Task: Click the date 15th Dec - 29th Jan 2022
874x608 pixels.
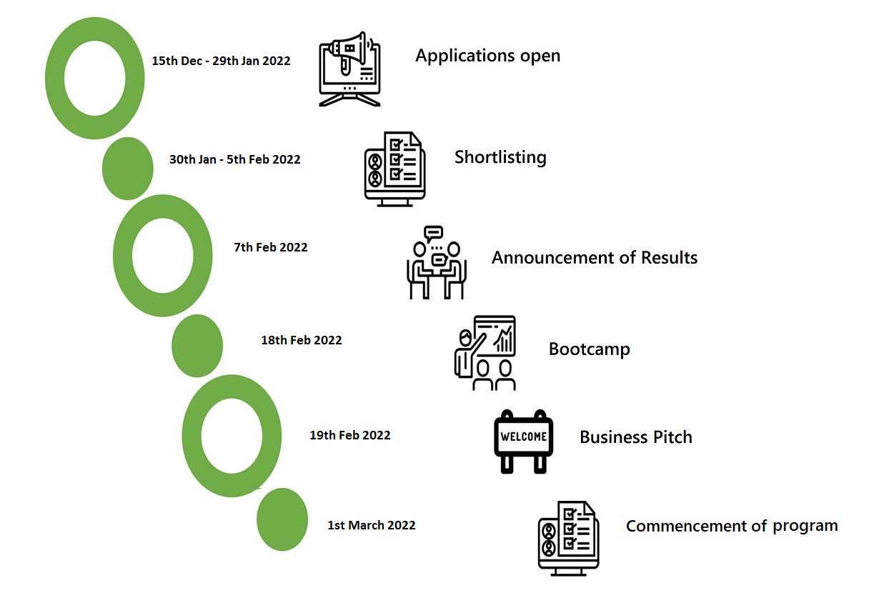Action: (x=221, y=61)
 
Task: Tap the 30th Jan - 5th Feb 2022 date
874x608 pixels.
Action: (x=235, y=159)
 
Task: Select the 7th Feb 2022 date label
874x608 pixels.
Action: (x=270, y=247)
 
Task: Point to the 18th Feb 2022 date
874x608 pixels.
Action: (x=301, y=340)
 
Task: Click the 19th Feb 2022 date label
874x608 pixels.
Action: (x=350, y=435)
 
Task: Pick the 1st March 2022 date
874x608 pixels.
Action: (x=372, y=525)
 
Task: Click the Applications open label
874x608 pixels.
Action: (x=487, y=56)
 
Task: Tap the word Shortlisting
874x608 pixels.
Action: (x=500, y=158)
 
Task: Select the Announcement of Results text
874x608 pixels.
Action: (x=595, y=257)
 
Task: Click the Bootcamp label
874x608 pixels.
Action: (x=589, y=349)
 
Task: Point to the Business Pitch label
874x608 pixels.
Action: (x=636, y=437)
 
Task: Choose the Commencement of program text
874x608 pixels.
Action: (x=732, y=526)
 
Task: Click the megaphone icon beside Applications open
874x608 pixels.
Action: (x=349, y=69)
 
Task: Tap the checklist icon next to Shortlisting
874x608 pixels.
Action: (x=395, y=169)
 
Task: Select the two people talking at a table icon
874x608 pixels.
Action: (x=437, y=262)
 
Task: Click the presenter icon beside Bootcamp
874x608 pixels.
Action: (x=485, y=353)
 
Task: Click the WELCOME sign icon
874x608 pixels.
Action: (x=523, y=442)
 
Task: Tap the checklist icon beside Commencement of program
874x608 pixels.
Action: (x=568, y=539)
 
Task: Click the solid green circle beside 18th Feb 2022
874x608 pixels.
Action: (x=197, y=346)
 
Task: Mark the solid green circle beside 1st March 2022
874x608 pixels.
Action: (x=282, y=519)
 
